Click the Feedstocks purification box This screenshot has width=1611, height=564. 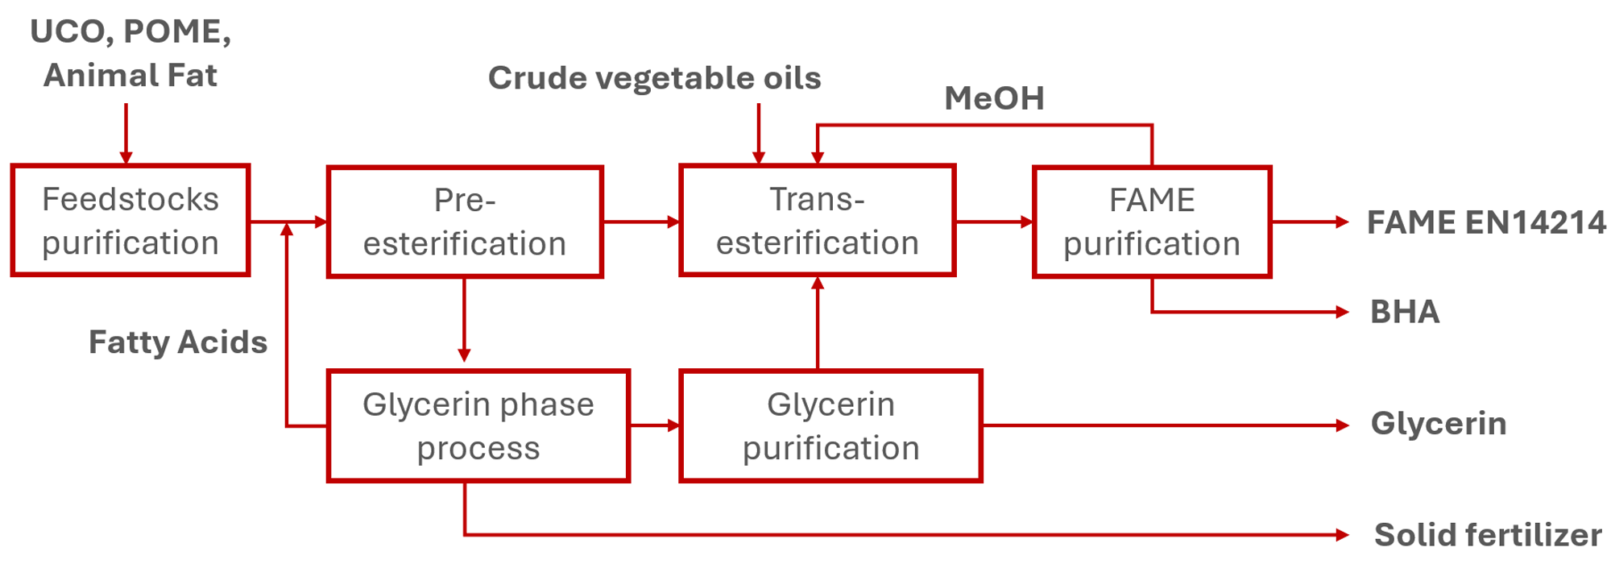click(130, 221)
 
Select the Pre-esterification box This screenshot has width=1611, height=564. click(465, 222)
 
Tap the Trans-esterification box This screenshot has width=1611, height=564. click(818, 221)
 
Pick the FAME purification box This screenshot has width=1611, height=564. click(1152, 222)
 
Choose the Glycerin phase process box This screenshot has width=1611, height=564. click(478, 425)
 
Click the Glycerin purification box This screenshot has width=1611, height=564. click(830, 425)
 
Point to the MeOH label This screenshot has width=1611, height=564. click(994, 98)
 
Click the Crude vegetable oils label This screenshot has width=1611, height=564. click(654, 78)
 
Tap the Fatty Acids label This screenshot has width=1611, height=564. click(178, 342)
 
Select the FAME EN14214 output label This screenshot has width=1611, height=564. click(1486, 222)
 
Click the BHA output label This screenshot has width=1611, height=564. click(1405, 312)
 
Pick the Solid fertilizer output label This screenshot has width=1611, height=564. click(1487, 534)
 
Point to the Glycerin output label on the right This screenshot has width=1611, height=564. click(1439, 424)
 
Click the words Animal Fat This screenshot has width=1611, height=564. click(130, 75)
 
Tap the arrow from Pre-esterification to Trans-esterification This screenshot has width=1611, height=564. click(641, 222)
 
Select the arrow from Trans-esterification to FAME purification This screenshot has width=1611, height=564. click(994, 222)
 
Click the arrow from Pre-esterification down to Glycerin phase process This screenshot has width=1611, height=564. click(464, 322)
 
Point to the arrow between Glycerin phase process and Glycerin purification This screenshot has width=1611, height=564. click(655, 425)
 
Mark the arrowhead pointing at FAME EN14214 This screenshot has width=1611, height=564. click(1342, 222)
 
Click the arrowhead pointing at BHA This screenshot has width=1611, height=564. click(1342, 312)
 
